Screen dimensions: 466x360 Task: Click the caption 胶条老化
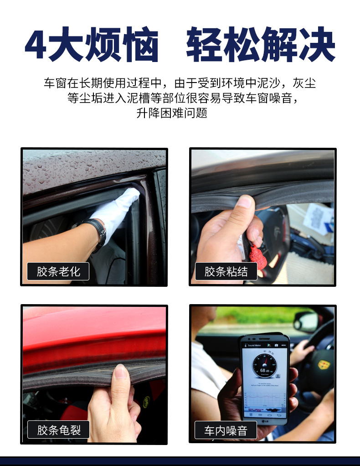click(58, 272)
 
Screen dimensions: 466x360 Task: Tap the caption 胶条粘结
click(226, 272)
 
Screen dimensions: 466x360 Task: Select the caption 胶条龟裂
click(58, 430)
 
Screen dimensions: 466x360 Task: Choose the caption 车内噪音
click(226, 430)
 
